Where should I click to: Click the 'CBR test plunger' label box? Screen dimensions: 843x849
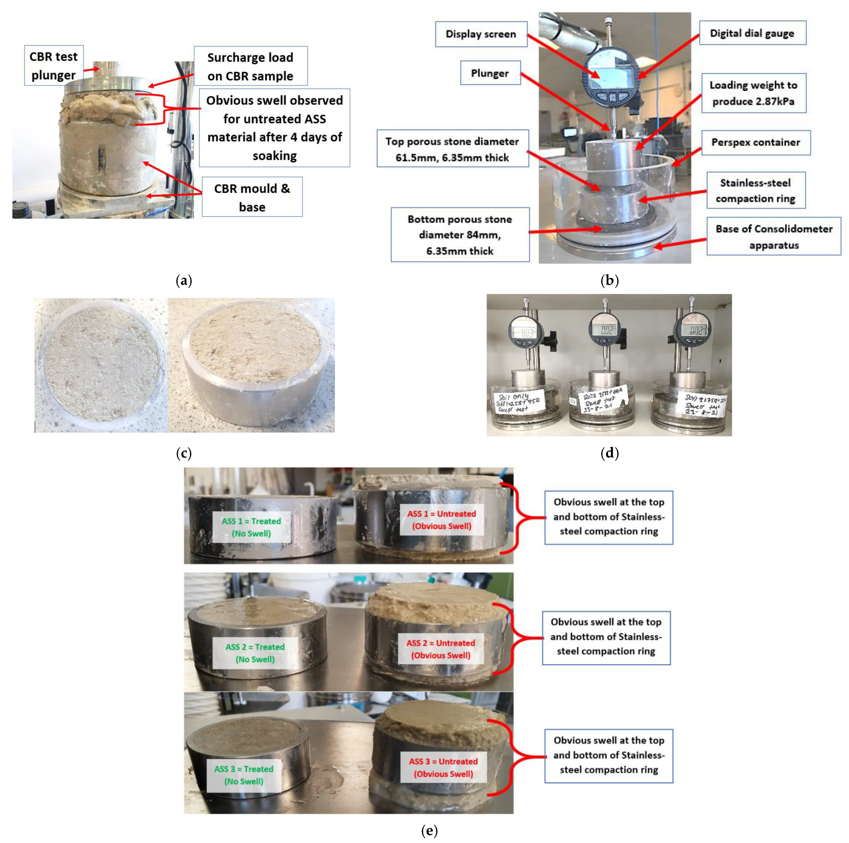pos(54,65)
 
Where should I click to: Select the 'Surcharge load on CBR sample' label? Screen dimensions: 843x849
pos(251,66)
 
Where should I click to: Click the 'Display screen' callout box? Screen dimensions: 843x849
pos(481,34)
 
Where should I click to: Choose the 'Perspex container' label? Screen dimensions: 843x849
pos(755,143)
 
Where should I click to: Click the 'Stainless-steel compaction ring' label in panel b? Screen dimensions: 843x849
pos(755,190)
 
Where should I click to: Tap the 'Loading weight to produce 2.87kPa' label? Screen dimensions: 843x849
pos(753,93)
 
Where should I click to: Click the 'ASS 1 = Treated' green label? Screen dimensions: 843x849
pos(251,527)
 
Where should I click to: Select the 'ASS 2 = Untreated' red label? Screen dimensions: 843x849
pos(441,649)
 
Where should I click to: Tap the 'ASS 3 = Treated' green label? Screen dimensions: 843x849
pos(244,775)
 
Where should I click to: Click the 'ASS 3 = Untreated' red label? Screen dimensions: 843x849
pos(443,767)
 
